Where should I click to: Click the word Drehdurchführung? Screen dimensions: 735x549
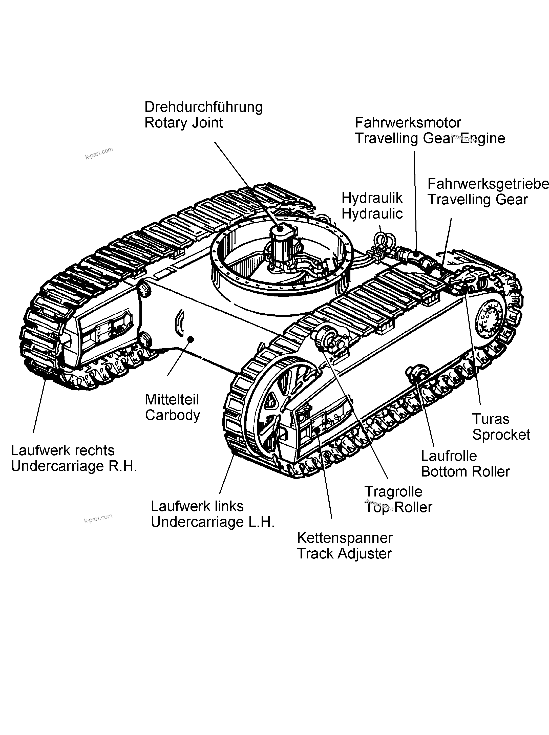pyautogui.click(x=203, y=107)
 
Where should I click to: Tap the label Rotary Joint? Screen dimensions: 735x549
pyautogui.click(x=183, y=123)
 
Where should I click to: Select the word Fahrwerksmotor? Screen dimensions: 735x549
pyautogui.click(x=408, y=123)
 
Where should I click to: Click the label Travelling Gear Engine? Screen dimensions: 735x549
pyautogui.click(x=430, y=138)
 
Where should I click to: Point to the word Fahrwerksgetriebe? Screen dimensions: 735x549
pyautogui.click(x=488, y=184)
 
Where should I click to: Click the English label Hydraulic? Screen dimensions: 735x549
pyautogui.click(x=372, y=214)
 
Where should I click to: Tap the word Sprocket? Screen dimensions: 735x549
pyautogui.click(x=501, y=435)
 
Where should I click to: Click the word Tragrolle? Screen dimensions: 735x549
pyautogui.click(x=393, y=491)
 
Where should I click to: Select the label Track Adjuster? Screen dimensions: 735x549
pyautogui.click(x=344, y=554)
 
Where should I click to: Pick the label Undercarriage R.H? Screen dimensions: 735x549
pyautogui.click(x=74, y=466)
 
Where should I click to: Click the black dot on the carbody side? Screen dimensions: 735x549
pyautogui.click(x=191, y=339)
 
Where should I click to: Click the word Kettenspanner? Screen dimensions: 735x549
pyautogui.click(x=345, y=538)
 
